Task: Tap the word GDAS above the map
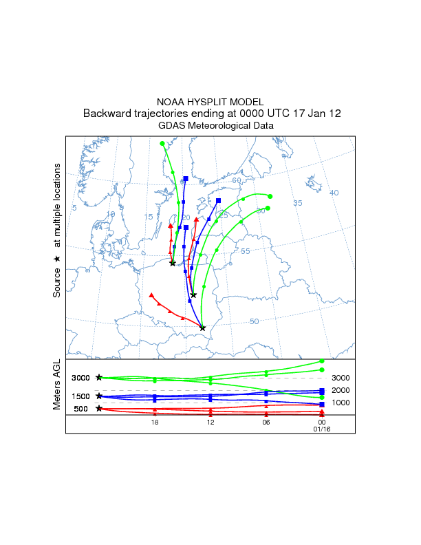point(173,126)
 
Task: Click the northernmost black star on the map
point(173,264)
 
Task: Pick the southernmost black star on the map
point(202,328)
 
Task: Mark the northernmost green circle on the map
point(162,144)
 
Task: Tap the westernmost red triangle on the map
point(151,295)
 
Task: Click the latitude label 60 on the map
point(237,180)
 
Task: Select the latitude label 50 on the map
point(254,321)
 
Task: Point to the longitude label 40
point(334,193)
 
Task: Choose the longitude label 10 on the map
point(111,214)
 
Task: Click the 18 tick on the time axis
point(155,423)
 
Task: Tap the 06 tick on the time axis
point(266,423)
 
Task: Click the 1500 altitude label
point(81,396)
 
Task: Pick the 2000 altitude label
point(341,390)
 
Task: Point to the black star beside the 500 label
point(99,409)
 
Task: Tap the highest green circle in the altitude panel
point(322,361)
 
